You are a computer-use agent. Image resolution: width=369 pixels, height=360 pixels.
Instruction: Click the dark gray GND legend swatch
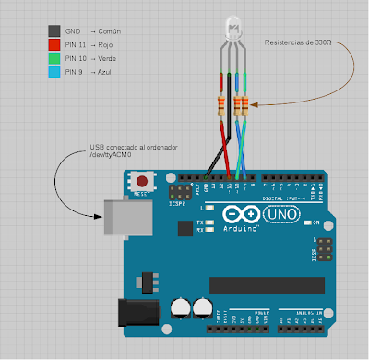[54, 31]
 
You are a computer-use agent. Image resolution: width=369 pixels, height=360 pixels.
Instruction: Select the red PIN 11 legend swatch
[54, 44]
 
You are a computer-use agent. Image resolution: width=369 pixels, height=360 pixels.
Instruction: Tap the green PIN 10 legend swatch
[54, 57]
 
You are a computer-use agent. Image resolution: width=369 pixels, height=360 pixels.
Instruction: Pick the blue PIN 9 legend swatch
[54, 70]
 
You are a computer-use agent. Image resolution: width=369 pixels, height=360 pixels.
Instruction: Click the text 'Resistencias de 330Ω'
[297, 42]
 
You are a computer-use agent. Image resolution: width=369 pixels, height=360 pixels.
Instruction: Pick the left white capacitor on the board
[181, 306]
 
